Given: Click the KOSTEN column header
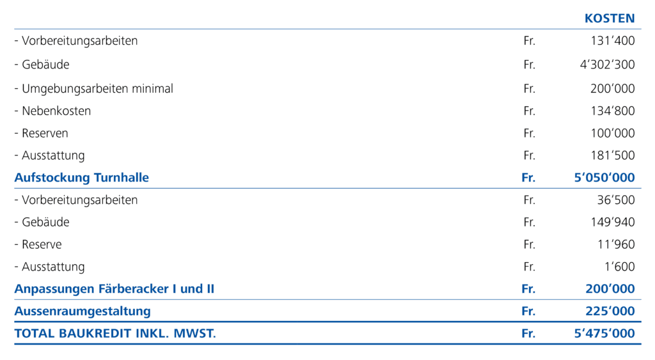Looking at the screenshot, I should (x=609, y=19).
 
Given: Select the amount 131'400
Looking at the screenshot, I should (x=613, y=41).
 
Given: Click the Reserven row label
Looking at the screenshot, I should (x=44, y=133).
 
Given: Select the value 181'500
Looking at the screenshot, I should (x=613, y=155).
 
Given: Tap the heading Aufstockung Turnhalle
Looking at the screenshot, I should (x=81, y=177).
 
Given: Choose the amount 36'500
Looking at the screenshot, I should (x=615, y=200).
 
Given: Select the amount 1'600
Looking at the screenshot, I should (x=619, y=267).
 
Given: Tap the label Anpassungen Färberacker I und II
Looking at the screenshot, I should (x=114, y=289).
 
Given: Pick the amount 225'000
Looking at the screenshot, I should (x=610, y=311).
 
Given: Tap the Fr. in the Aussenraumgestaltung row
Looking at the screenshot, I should (x=528, y=311).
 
